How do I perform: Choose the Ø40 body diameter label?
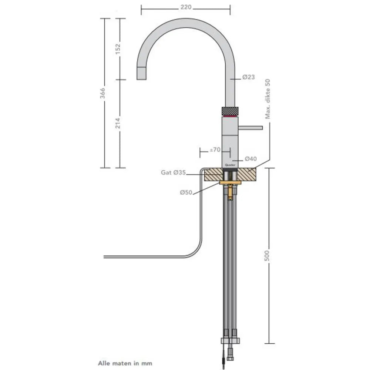click(x=250, y=159)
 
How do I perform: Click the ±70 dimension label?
click(x=215, y=150)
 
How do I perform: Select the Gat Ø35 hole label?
click(x=173, y=173)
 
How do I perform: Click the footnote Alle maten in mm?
click(x=125, y=363)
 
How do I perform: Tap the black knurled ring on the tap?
click(x=230, y=111)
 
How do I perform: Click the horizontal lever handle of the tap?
click(x=250, y=128)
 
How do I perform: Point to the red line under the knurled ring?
click(x=230, y=116)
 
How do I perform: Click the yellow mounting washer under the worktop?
click(x=230, y=183)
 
